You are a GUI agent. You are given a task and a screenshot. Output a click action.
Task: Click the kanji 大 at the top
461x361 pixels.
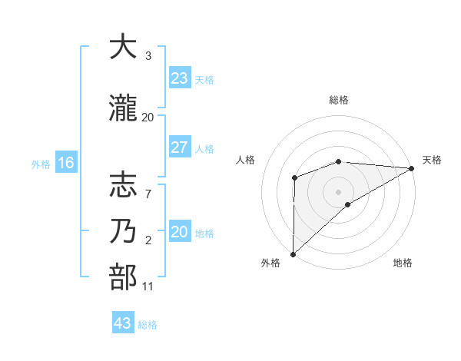pos(123,47)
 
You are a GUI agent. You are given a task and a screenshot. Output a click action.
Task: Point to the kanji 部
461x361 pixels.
pos(123,277)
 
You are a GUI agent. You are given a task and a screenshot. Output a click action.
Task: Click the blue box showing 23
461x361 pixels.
pos(179,78)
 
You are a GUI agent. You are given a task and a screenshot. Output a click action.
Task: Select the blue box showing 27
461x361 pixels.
pos(179,147)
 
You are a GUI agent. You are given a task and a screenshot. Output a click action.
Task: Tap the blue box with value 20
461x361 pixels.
pos(179,232)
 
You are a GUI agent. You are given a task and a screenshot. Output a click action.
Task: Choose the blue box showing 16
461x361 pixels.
pos(65,163)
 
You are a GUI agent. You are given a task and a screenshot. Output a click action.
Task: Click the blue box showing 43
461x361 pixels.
pos(122,323)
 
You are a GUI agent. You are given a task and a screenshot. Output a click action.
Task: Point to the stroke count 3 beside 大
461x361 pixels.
pos(148,56)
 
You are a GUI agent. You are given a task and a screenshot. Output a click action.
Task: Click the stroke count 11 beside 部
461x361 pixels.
pos(148,286)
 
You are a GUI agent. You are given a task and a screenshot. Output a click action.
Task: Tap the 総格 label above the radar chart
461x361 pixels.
pos(338,101)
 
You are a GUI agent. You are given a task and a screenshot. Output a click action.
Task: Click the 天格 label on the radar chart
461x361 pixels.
pos(432,160)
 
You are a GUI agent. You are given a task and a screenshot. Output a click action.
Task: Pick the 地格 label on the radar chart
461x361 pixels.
pos(403,263)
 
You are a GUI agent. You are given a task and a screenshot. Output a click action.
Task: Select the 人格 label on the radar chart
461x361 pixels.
pos(246,160)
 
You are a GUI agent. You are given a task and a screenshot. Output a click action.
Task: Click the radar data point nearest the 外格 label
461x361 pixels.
pos(293,253)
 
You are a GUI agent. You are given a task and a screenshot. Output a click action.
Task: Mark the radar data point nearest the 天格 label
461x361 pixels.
pos(412,168)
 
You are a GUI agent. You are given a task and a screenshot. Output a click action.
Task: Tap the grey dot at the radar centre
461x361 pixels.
pos(338,191)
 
